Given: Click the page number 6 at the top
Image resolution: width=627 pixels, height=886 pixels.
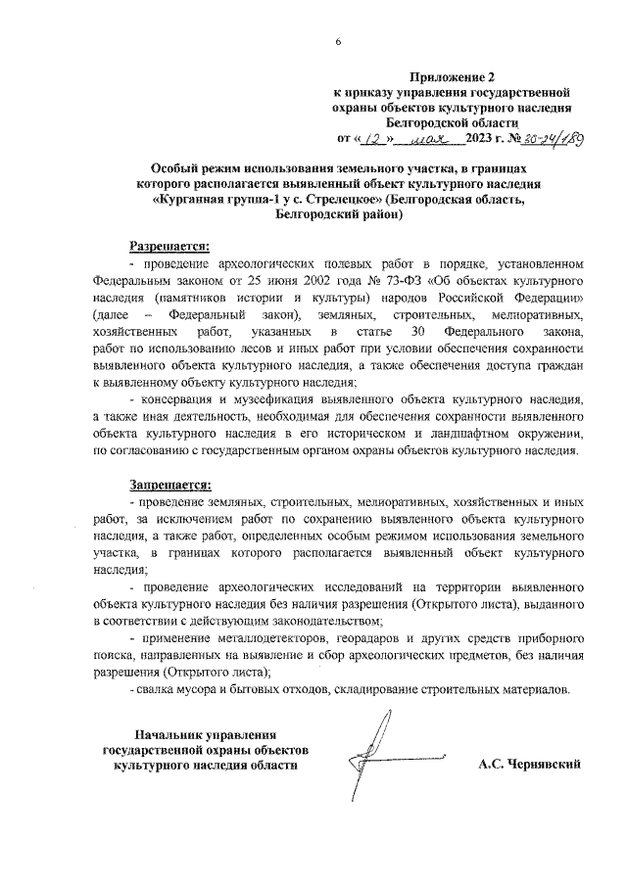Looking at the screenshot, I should tap(336, 42).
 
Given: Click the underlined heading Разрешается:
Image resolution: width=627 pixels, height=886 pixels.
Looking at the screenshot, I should tap(170, 245).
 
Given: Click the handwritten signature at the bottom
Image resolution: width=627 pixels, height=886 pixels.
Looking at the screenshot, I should tap(385, 754).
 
